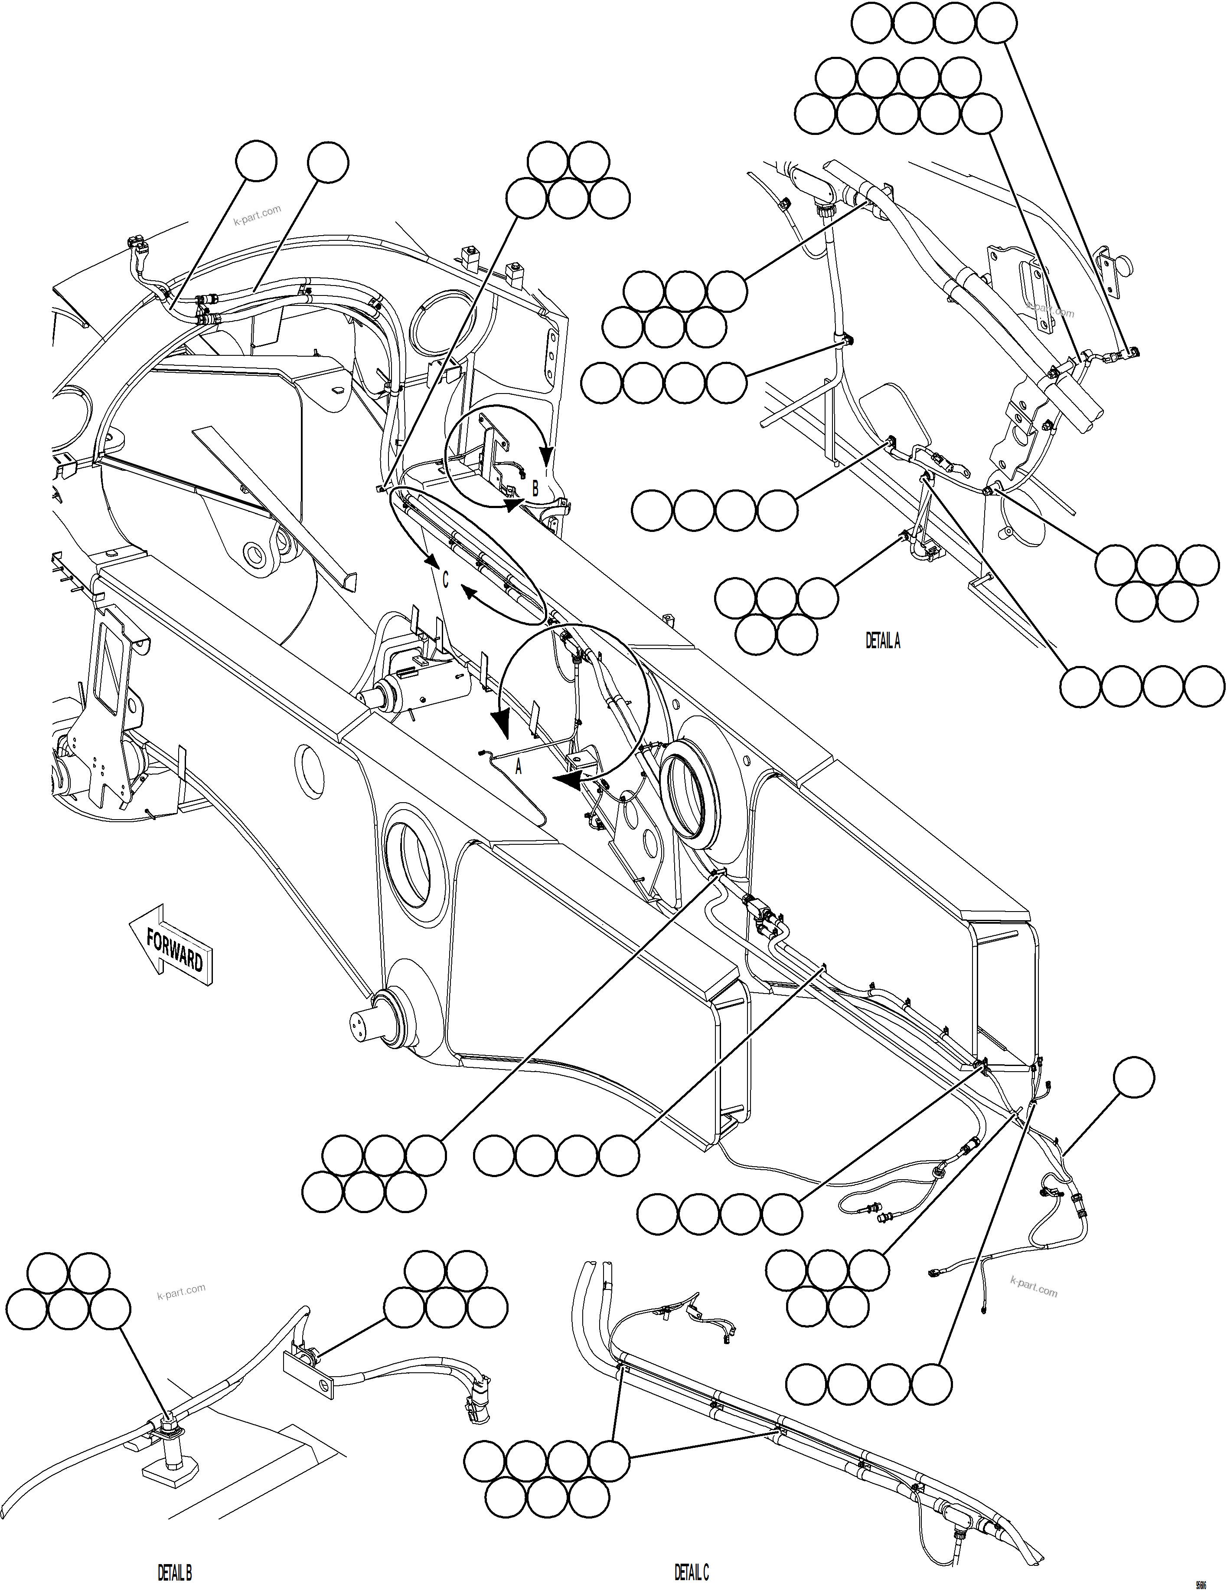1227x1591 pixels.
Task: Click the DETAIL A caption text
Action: [883, 641]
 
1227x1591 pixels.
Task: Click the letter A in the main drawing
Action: [519, 766]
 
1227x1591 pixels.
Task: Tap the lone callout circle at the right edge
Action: [1134, 1078]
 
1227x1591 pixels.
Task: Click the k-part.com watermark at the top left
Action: [257, 216]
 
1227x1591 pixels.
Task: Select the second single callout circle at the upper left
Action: [328, 162]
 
